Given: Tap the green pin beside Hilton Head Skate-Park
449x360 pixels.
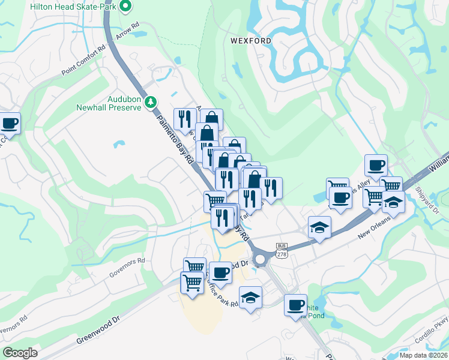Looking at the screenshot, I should pyautogui.click(x=125, y=7).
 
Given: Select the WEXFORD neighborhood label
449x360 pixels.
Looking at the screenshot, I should pyautogui.click(x=250, y=41).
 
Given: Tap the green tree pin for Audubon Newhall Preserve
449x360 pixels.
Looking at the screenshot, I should pyautogui.click(x=152, y=103).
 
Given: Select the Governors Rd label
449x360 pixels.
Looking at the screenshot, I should pyautogui.click(x=127, y=268).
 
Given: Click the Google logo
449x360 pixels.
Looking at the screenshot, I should pyautogui.click(x=20, y=353).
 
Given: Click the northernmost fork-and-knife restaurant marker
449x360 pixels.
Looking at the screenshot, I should pyautogui.click(x=184, y=118).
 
